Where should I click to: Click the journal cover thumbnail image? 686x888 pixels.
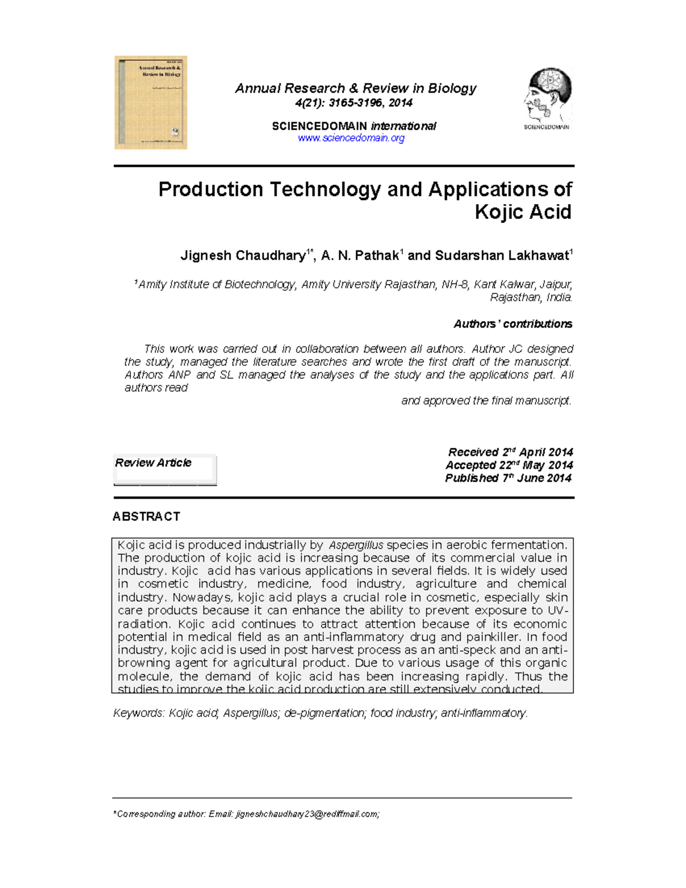[x=151, y=102]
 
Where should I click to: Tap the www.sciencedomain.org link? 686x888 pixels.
[x=351, y=138]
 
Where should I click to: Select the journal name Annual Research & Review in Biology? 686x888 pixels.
[x=355, y=88]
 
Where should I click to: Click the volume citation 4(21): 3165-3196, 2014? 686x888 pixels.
[x=353, y=103]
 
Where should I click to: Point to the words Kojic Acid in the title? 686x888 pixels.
[x=523, y=212]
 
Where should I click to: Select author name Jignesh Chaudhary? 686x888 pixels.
[x=242, y=256]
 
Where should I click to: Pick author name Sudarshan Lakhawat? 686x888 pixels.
[x=501, y=256]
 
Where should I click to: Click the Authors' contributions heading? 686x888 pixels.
[x=513, y=324]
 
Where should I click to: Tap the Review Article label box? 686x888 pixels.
[x=164, y=469]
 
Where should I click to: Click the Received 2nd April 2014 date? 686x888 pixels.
[x=510, y=452]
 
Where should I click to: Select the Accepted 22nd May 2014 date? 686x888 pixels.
[x=509, y=465]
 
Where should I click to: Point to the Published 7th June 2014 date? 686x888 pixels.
[x=508, y=478]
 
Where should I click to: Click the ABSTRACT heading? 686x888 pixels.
[x=146, y=516]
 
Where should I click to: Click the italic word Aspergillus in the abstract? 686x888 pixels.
[x=356, y=545]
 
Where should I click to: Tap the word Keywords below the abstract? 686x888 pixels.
[x=138, y=713]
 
